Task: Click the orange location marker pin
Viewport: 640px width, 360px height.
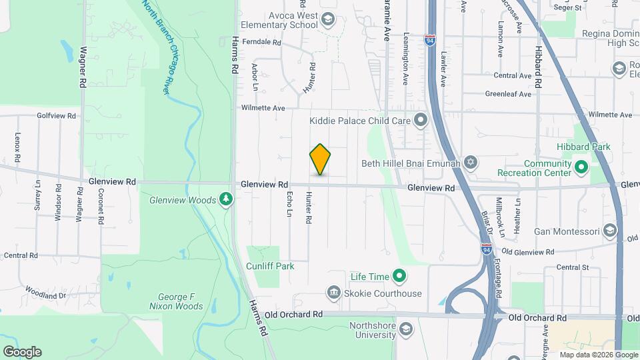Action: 320,159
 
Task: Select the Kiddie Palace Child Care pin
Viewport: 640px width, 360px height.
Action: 421,121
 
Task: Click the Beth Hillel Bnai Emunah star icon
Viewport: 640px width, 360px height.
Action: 471,162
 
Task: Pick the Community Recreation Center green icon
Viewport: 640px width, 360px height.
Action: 581,167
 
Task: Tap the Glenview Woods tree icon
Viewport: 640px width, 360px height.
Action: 226,199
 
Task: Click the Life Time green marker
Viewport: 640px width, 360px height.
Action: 399,275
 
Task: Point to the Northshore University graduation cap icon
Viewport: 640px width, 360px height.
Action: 405,330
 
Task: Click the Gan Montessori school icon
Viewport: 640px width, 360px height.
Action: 609,231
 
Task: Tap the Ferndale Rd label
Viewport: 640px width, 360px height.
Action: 262,42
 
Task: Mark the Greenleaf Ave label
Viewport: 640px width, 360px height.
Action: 508,94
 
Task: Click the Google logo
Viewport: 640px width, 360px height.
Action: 22,351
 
